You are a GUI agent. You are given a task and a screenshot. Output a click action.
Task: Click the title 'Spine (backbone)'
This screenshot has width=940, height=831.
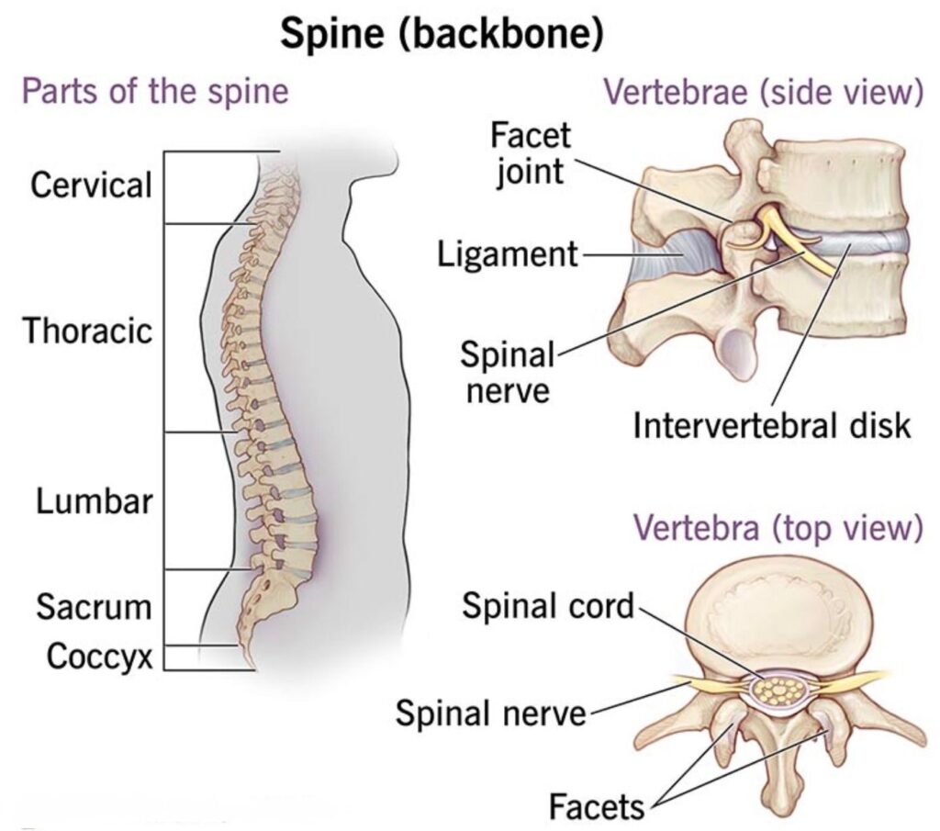coord(442,35)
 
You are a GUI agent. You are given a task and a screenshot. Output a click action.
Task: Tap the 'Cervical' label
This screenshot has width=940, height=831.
coord(90,185)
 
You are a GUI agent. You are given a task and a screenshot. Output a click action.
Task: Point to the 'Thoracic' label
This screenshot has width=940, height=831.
coord(88,331)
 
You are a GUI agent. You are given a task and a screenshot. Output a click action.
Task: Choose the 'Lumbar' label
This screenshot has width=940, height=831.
coord(95,502)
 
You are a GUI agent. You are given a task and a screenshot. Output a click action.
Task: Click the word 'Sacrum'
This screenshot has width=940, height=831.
coord(94,607)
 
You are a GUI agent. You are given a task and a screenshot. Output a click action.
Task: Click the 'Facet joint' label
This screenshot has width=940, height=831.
coord(530,152)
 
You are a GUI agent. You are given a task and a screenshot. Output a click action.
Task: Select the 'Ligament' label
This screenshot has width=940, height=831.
coord(508,253)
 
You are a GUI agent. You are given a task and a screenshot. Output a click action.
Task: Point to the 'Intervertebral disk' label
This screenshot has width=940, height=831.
coord(772,426)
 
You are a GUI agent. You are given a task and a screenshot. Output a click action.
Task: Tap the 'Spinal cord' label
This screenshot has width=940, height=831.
coord(547,605)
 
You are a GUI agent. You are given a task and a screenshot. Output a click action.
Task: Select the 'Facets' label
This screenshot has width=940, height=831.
coord(597,807)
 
